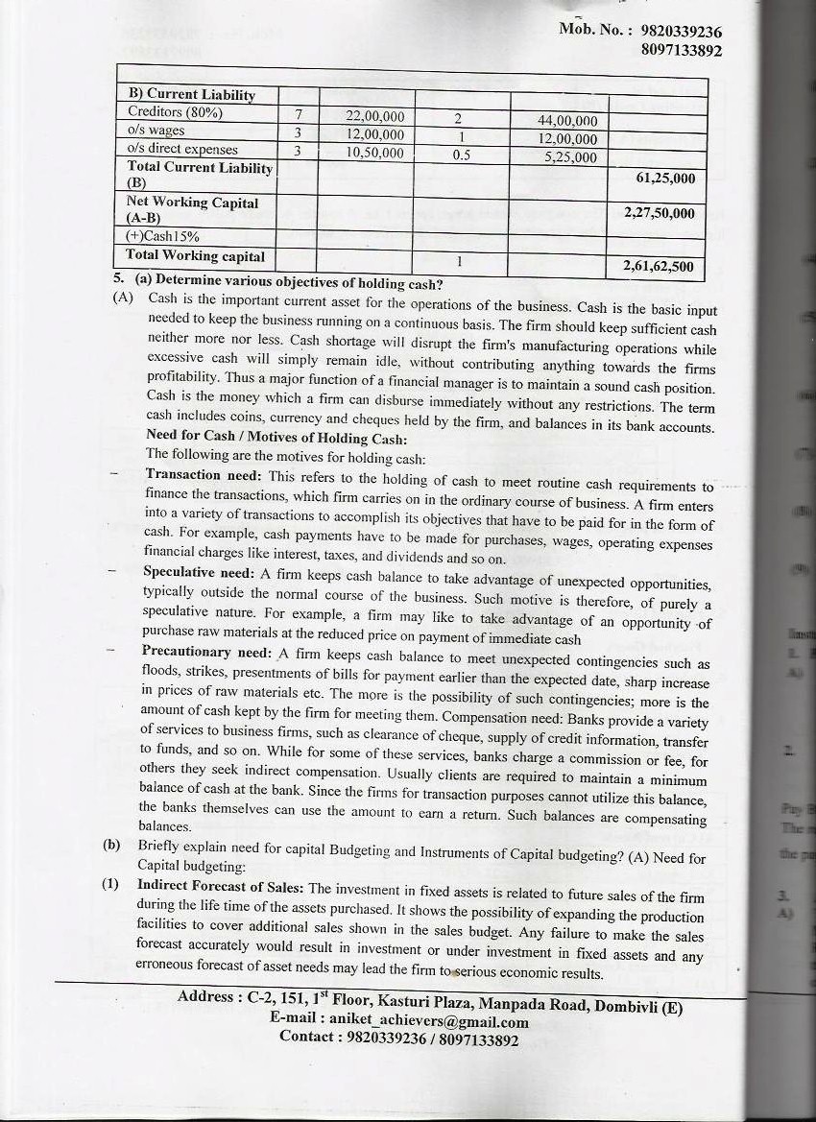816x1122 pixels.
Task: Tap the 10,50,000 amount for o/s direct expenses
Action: click(375, 153)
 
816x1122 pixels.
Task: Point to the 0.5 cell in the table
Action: click(461, 156)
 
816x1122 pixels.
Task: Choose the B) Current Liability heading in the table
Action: click(192, 94)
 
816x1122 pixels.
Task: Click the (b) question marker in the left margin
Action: click(110, 847)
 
